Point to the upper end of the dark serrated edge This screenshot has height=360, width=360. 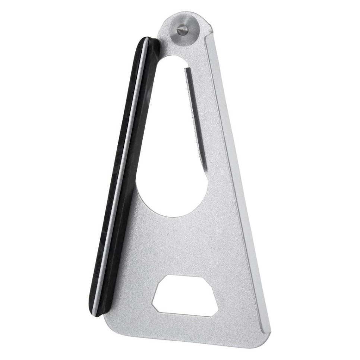[x=185, y=69]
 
